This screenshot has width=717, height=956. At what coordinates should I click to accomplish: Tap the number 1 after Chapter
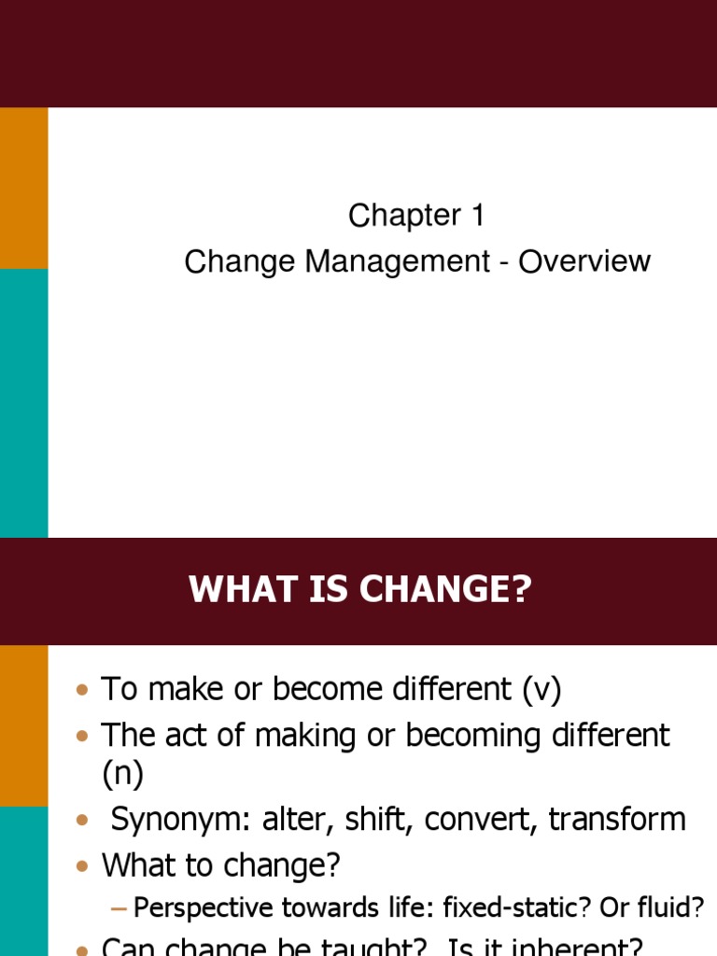[476, 216]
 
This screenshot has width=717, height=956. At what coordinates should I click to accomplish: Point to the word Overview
[584, 261]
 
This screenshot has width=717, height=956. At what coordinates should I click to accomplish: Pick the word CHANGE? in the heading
[443, 591]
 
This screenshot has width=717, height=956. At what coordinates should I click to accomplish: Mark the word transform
[617, 820]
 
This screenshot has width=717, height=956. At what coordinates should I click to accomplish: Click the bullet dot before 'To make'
[82, 691]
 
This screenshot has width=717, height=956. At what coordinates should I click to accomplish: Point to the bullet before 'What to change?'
[82, 867]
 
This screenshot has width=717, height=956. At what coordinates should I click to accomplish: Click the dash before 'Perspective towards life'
[119, 907]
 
